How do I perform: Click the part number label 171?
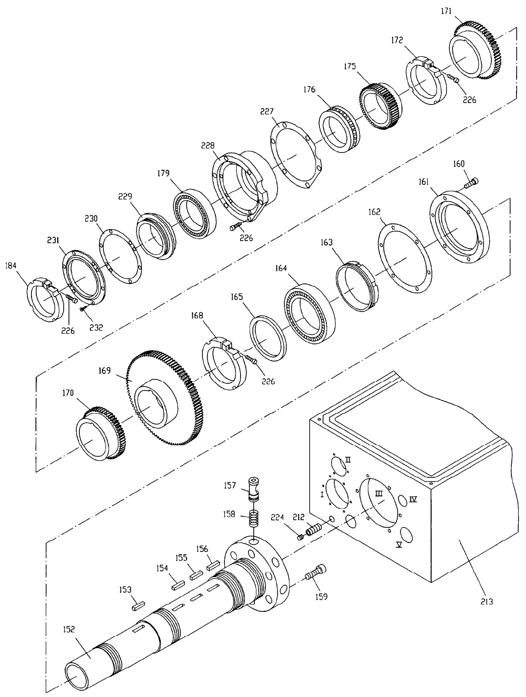(x=446, y=11)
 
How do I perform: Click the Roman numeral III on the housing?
(x=379, y=494)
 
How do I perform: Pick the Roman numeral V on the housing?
(x=399, y=545)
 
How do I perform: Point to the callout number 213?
(x=487, y=601)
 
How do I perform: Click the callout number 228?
(x=208, y=146)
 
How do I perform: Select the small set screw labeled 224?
(x=300, y=537)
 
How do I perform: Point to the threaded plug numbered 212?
(x=313, y=530)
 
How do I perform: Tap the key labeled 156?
(x=213, y=566)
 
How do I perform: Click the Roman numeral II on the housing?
(x=348, y=459)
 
